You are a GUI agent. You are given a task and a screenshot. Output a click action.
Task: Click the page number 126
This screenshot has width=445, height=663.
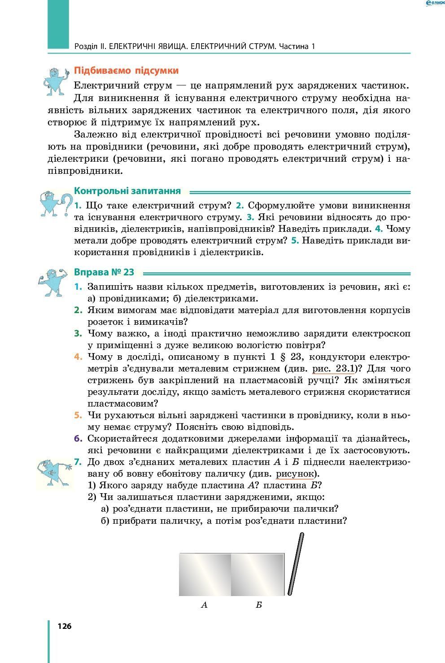coord(65,626)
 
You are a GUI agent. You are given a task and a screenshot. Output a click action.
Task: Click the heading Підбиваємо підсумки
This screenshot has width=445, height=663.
coord(126,71)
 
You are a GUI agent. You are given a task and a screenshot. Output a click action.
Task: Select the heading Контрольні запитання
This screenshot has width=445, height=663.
coord(127,191)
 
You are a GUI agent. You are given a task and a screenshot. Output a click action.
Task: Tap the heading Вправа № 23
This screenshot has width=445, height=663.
coord(104,272)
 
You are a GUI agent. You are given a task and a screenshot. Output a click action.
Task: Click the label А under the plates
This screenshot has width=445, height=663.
coord(204,605)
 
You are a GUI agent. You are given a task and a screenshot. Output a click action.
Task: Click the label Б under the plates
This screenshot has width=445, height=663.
coord(258,605)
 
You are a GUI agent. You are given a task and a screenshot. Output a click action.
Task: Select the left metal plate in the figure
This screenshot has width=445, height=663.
coord(205,575)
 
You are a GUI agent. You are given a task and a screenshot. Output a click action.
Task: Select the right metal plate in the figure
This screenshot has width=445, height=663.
coord(257,575)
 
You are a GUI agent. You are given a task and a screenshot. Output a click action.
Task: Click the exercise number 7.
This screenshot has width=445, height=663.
coord(78,462)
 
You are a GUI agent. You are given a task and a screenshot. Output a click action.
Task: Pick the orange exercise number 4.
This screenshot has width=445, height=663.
coord(78,357)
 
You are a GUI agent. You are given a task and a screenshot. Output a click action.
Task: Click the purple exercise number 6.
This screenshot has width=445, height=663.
coord(78,438)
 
